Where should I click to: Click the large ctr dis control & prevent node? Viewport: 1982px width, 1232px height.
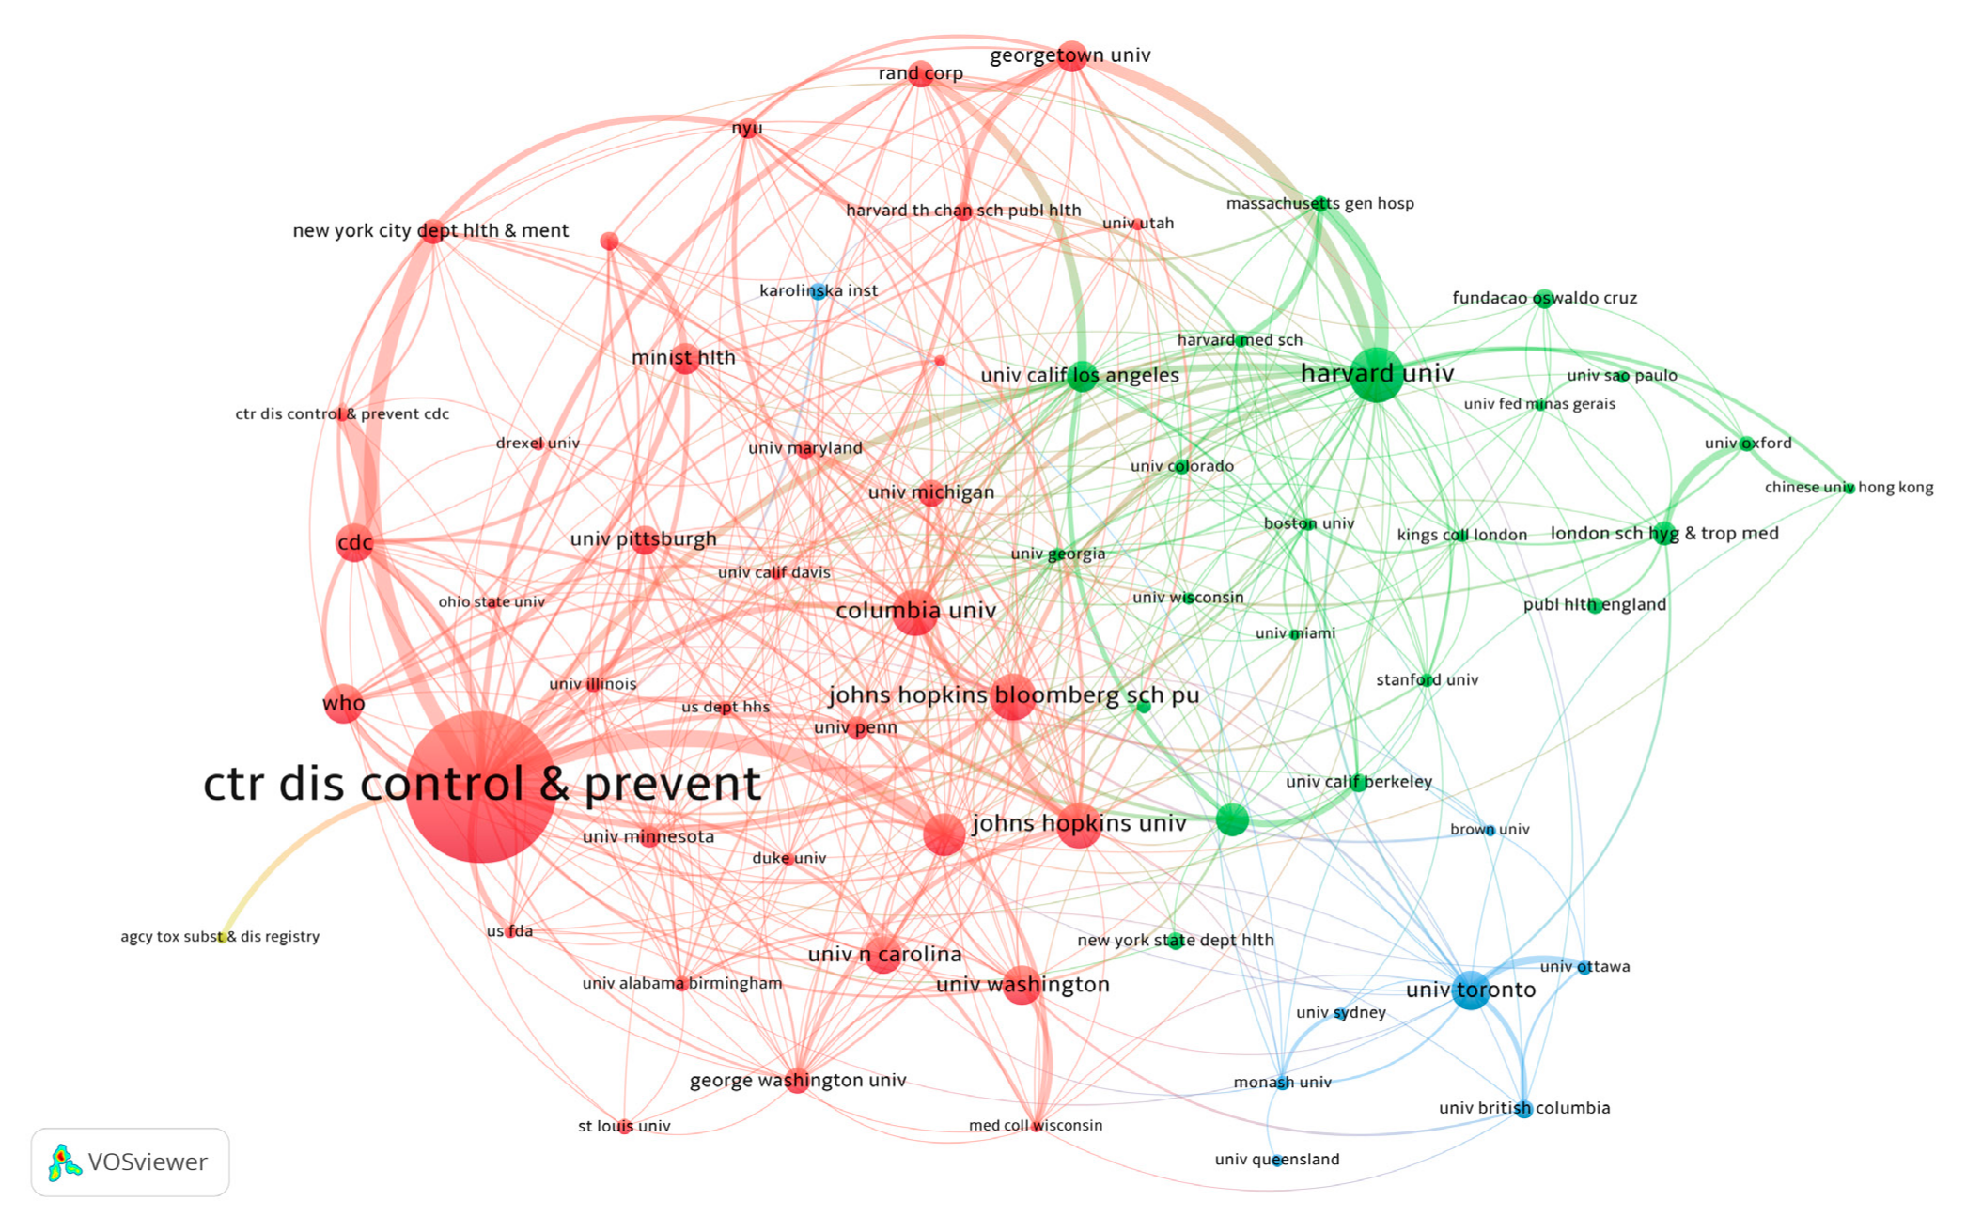pos(480,787)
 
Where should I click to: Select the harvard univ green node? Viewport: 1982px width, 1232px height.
pos(1376,374)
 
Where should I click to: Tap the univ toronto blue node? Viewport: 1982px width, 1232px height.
pos(1471,990)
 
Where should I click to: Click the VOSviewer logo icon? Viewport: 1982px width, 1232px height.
pos(64,1162)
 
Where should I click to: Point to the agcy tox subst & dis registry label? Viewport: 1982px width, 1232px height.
pos(220,936)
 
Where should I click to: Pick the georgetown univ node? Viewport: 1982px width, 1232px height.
pos(1071,56)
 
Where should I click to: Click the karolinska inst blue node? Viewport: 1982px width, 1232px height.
pos(819,291)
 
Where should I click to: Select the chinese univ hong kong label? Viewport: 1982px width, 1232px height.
pos(1849,487)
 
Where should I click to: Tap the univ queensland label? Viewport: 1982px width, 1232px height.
pos(1277,1159)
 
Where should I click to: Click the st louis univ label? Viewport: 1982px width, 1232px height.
pos(624,1126)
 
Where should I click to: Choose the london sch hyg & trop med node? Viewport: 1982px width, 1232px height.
pos(1664,534)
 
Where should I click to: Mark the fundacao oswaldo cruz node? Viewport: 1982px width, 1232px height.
pos(1543,299)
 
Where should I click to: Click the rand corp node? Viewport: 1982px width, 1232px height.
pos(921,75)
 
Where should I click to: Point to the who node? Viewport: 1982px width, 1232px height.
pos(343,704)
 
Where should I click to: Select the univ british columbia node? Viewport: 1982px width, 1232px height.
pos(1523,1109)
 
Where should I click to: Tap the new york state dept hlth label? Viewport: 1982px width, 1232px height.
pos(1176,940)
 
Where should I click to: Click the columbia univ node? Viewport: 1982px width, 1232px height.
pos(914,613)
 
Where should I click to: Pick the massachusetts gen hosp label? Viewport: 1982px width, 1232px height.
pos(1319,203)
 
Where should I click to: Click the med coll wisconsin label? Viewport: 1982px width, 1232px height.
pos(1036,1125)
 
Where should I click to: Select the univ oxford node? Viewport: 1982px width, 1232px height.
pos(1746,444)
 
